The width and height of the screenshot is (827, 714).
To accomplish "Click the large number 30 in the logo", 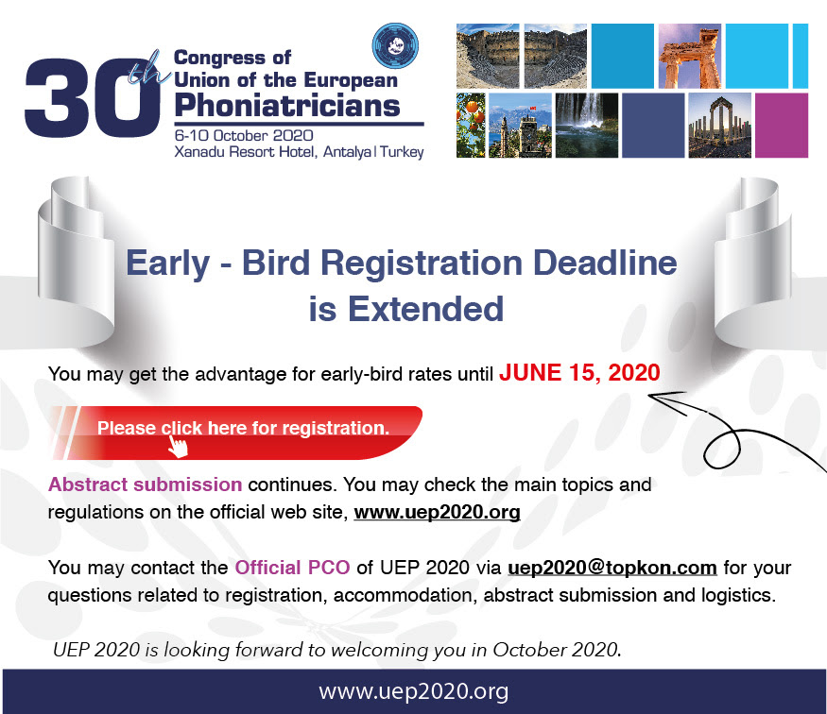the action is pyautogui.click(x=93, y=97).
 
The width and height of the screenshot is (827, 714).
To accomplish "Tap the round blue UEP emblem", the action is pyautogui.click(x=395, y=46).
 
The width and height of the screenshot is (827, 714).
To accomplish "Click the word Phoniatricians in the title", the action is pyautogui.click(x=287, y=106).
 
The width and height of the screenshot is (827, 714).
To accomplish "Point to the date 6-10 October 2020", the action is pyautogui.click(x=244, y=135).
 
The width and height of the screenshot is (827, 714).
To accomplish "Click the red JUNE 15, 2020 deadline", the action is pyautogui.click(x=579, y=373).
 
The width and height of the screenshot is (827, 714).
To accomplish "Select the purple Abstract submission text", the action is pyautogui.click(x=145, y=484).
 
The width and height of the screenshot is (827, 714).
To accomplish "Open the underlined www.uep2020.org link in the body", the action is pyautogui.click(x=438, y=512).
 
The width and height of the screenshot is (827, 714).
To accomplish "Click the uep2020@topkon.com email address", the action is pyautogui.click(x=612, y=568).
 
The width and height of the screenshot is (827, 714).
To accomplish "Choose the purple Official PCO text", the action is pyautogui.click(x=292, y=568).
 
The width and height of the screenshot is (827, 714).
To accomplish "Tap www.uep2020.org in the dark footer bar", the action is pyautogui.click(x=414, y=690).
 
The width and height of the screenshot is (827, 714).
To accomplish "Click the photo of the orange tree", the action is pyautogui.click(x=471, y=126).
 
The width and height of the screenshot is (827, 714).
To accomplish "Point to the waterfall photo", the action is pyautogui.click(x=587, y=126).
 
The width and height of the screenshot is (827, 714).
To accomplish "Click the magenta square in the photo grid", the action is pyautogui.click(x=782, y=126).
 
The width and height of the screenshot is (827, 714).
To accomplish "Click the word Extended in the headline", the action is pyautogui.click(x=425, y=309).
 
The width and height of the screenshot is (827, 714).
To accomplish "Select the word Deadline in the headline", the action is pyautogui.click(x=605, y=263).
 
